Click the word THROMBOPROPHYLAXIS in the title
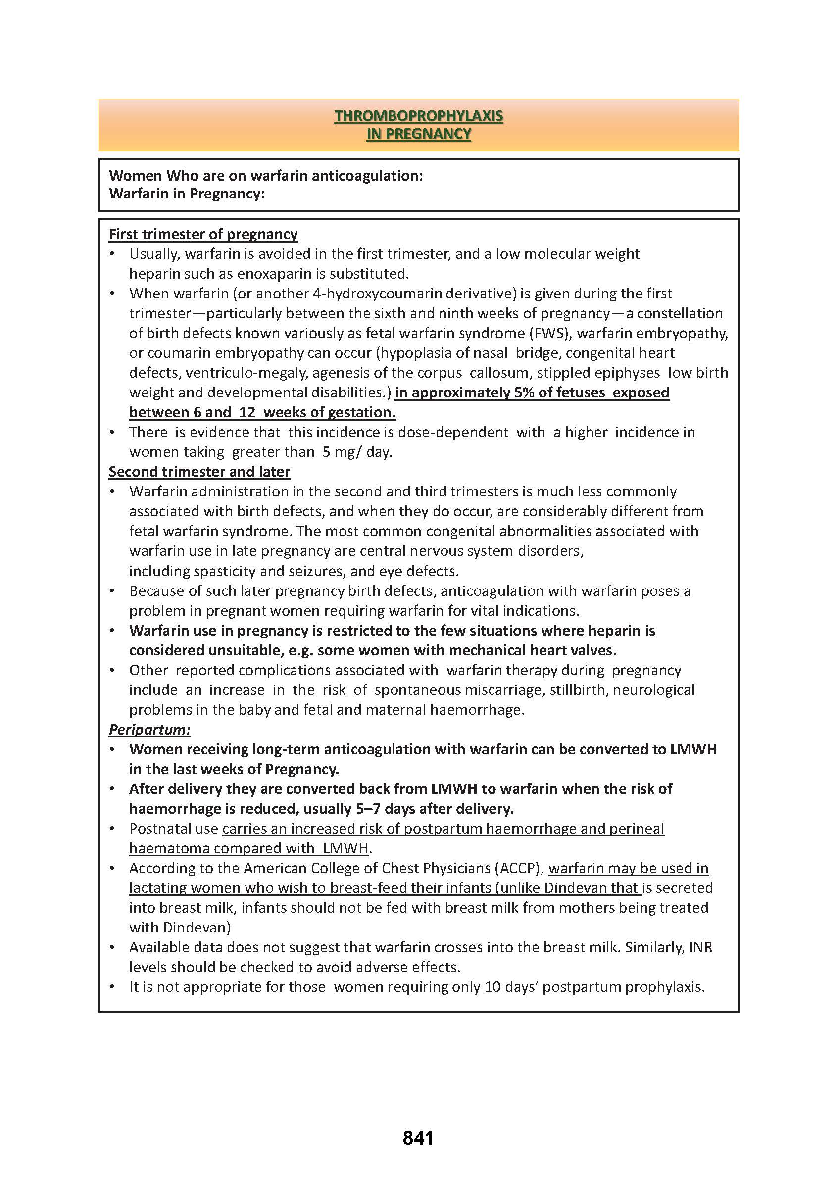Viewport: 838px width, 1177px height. [x=418, y=116]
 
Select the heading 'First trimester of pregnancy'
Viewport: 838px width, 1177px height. [x=203, y=234]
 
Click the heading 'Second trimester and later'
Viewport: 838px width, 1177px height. [x=199, y=472]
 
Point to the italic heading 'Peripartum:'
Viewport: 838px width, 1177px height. [x=149, y=729]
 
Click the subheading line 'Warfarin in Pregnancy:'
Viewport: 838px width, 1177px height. [x=186, y=194]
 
